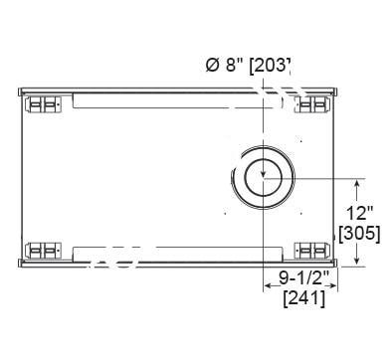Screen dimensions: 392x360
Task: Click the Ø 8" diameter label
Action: point(225,65)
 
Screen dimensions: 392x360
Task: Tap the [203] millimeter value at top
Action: point(270,66)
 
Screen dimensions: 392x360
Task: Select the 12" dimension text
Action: point(360,213)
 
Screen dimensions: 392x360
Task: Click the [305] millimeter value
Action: point(360,234)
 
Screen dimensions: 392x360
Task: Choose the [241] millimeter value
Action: point(304,299)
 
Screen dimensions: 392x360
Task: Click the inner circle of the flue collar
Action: point(263,177)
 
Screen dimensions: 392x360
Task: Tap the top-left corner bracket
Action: point(44,104)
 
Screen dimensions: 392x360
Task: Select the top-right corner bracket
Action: point(313,104)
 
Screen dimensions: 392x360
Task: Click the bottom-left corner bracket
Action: point(44,251)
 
